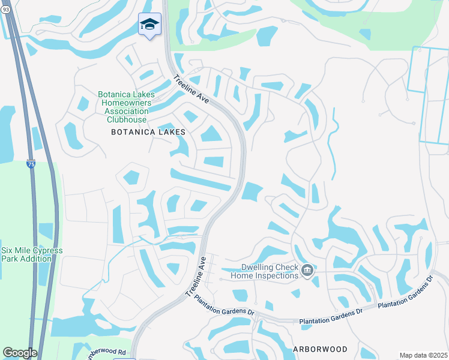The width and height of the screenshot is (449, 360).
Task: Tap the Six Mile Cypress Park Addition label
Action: [x=31, y=254]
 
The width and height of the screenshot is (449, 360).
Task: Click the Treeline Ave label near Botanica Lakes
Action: [x=191, y=89]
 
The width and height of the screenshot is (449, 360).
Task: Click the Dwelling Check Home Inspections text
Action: [x=261, y=272]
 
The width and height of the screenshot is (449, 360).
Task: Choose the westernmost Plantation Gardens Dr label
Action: [x=224, y=306]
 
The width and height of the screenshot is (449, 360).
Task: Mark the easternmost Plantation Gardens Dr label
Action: [x=405, y=293]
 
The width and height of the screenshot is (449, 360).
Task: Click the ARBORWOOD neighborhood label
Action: [x=320, y=349]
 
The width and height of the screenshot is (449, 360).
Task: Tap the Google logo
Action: [x=20, y=353]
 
